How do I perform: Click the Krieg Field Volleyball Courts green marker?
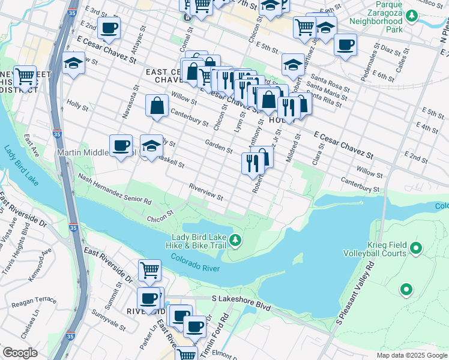click(x=415, y=248)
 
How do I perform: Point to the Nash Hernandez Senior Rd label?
click(x=115, y=188)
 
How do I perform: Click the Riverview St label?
click(x=206, y=192)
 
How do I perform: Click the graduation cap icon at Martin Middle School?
click(x=151, y=145)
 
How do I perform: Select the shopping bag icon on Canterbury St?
click(x=157, y=106)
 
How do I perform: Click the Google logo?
click(x=20, y=353)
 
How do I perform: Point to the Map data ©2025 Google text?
click(x=412, y=355)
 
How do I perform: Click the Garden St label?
click(x=218, y=146)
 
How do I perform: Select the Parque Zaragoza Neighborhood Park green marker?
click(x=412, y=15)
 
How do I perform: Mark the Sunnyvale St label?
click(x=109, y=321)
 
